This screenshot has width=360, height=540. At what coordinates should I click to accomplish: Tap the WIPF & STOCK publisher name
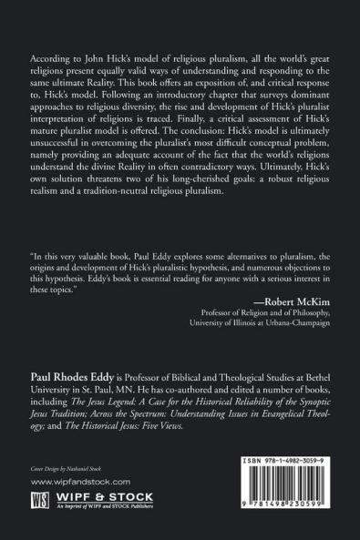click(x=106, y=497)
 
